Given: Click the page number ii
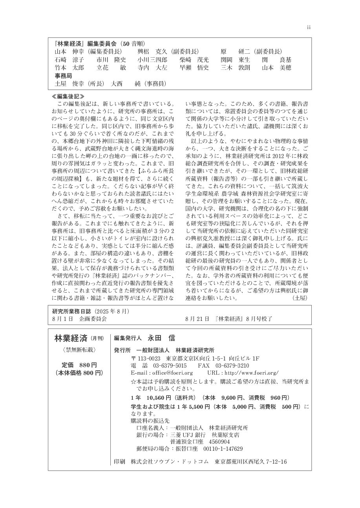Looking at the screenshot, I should pyautogui.click(x=308, y=27).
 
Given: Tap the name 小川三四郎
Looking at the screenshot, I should pyautogui.click(x=152, y=60).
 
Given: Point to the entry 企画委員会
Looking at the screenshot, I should pyautogui.click(x=93, y=319).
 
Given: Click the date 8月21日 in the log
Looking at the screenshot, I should pyautogui.click(x=198, y=319).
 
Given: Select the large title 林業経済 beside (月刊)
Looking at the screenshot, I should pyautogui.click(x=71, y=338).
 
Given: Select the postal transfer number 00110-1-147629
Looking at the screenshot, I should pyautogui.click(x=223, y=449).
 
